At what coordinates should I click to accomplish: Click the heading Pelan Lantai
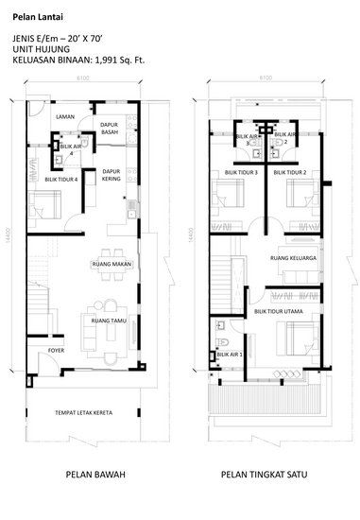[35, 17]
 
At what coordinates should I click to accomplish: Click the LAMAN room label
[65, 116]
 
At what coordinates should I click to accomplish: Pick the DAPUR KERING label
[111, 175]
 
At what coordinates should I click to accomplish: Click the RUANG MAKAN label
[111, 263]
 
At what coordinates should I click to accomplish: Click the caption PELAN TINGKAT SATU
[266, 475]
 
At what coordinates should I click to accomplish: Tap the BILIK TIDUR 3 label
[241, 173]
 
